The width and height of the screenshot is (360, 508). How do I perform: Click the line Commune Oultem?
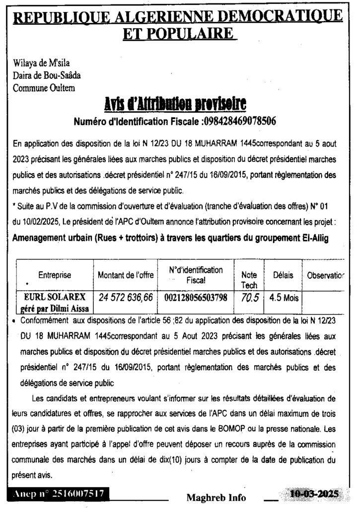(44, 88)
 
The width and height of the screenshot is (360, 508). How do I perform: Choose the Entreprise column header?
(55, 275)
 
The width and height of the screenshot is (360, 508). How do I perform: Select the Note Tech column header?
(249, 280)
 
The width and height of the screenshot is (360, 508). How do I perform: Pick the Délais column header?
(283, 275)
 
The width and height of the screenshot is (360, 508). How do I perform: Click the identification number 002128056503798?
(196, 298)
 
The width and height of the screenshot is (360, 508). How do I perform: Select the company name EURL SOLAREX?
(55, 297)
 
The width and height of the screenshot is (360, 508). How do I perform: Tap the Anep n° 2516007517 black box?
(58, 494)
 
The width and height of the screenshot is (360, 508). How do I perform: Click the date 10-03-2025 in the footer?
(314, 494)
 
